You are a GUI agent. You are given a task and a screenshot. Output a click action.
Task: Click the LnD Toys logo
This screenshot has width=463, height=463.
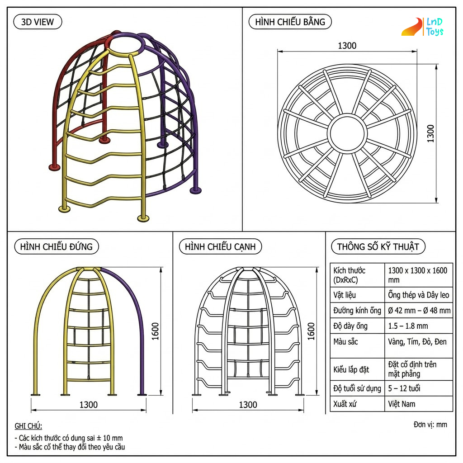click(422, 27)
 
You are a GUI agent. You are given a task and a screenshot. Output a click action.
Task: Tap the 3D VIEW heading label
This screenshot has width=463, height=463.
click(38, 22)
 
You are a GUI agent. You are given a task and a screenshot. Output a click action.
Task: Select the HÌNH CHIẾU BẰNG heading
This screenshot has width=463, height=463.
click(290, 22)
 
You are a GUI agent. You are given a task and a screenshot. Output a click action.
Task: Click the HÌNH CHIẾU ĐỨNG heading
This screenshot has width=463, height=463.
click(57, 246)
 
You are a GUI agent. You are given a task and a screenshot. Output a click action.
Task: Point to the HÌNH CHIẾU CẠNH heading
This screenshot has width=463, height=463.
click(220, 246)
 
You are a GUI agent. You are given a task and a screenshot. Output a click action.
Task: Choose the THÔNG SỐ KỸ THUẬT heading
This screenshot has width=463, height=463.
click(378, 246)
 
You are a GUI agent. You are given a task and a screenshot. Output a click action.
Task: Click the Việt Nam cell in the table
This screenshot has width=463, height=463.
click(402, 404)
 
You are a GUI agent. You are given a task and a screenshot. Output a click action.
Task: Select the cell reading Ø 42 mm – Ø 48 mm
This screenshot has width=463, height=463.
click(419, 310)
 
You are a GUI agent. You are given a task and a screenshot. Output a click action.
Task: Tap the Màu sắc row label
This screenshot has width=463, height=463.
click(345, 342)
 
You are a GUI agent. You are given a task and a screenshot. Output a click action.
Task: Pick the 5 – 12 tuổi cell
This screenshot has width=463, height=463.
click(404, 388)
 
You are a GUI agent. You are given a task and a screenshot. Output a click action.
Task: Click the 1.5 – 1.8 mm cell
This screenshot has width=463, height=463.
click(408, 326)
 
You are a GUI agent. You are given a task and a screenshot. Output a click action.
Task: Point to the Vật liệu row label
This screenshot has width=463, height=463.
click(345, 295)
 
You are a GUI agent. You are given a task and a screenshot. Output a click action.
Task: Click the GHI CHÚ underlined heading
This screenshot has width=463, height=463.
click(28, 426)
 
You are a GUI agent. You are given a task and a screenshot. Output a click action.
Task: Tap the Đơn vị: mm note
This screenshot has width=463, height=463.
click(430, 425)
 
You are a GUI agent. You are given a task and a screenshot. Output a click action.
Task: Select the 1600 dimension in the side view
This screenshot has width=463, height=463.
click(311, 331)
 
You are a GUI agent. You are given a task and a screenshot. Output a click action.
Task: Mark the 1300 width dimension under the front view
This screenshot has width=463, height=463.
click(88, 405)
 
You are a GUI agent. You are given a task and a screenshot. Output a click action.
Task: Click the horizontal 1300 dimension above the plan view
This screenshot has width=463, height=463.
click(347, 46)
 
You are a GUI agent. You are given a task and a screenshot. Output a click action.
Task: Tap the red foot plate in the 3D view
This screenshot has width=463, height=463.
click(54, 167)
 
